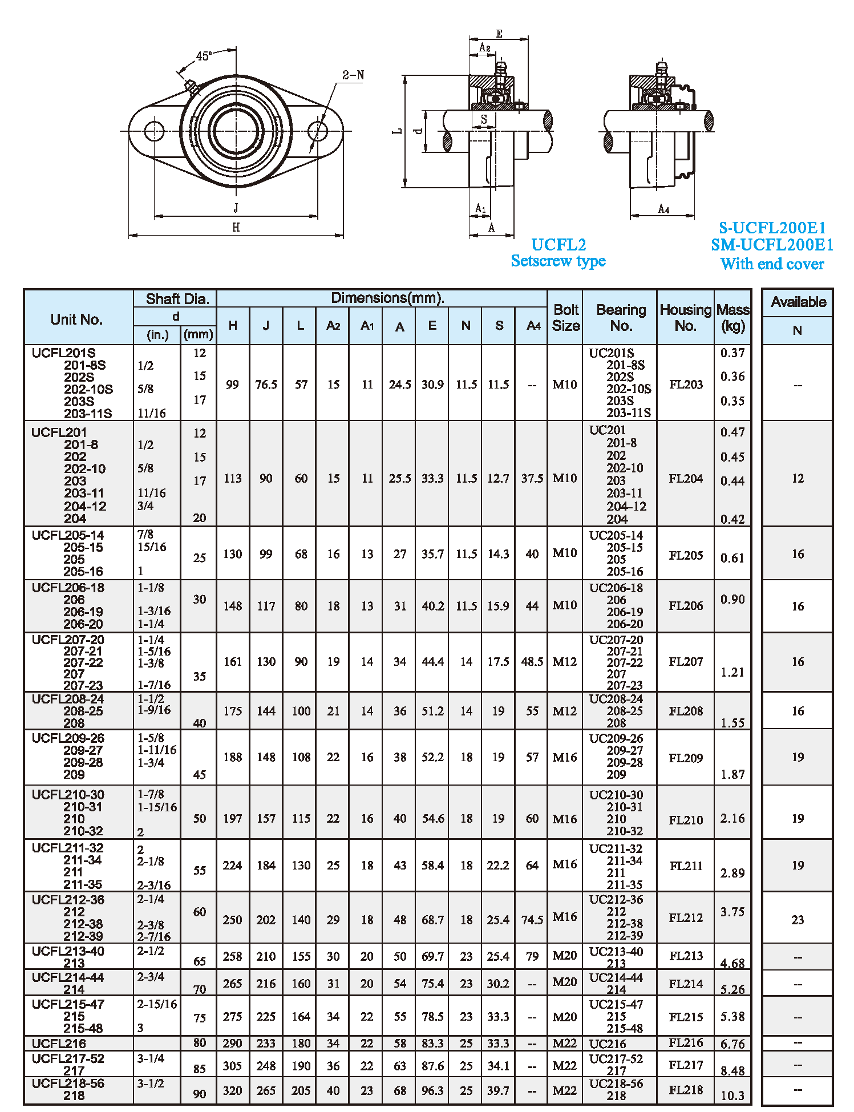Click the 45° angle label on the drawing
[x=204, y=56]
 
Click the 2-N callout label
[x=353, y=75]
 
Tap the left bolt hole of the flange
[x=154, y=131]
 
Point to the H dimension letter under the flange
[x=236, y=228]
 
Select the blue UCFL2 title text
[x=558, y=245]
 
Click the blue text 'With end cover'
[x=772, y=264]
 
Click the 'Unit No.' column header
[x=76, y=320]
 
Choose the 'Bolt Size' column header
[x=565, y=318]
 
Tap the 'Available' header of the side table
[x=798, y=302]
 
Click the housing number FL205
[x=686, y=555]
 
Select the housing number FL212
[x=686, y=918]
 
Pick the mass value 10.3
[x=732, y=1095]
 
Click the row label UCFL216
[x=59, y=1044]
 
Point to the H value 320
[x=232, y=1091]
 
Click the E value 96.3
[x=432, y=1091]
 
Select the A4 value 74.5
[x=532, y=920]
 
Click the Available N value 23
[x=798, y=920]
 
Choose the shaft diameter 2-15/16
[x=157, y=1004]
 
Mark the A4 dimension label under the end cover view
[x=663, y=209]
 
